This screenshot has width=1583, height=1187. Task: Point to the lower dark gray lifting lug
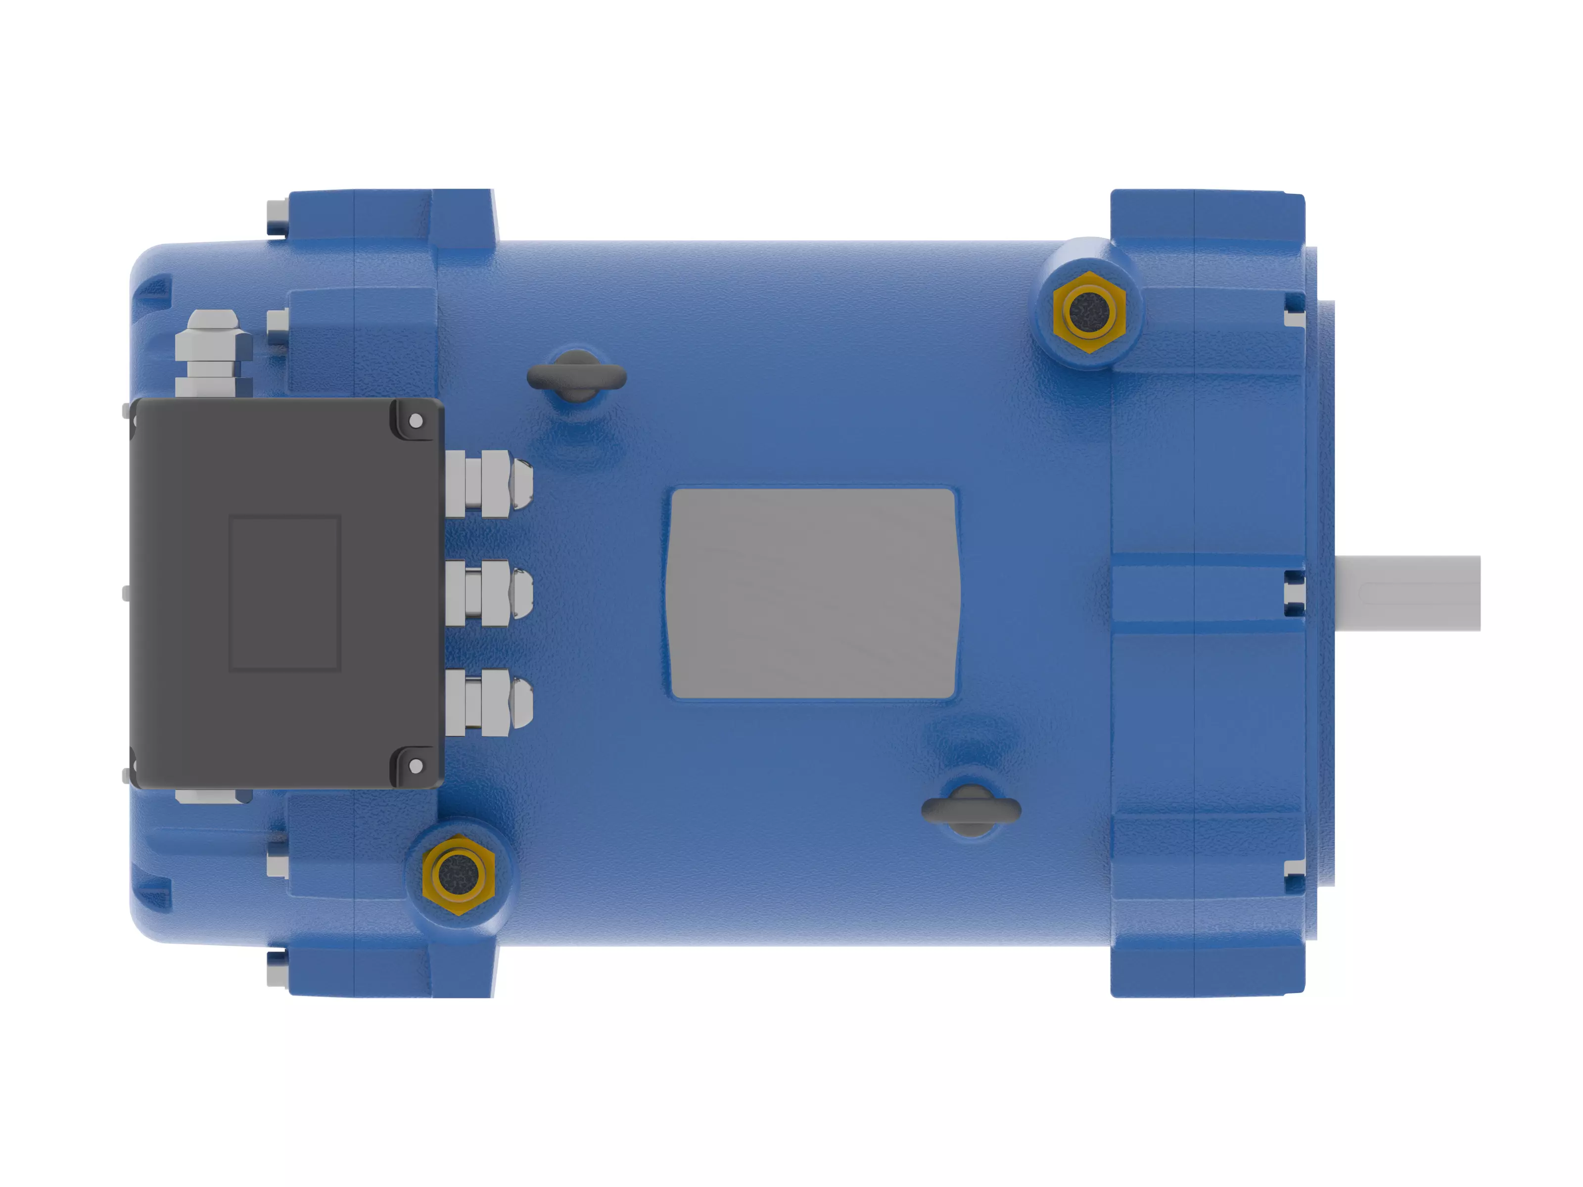(x=971, y=811)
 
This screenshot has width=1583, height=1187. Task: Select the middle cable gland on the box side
(x=489, y=593)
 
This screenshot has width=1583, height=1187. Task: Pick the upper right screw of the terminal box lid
(x=416, y=421)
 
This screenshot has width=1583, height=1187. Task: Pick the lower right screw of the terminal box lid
(x=416, y=766)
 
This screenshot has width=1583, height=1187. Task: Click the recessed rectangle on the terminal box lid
(x=284, y=593)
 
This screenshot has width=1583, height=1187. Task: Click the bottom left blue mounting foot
(x=390, y=969)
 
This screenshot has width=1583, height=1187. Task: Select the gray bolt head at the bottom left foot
(x=276, y=969)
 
